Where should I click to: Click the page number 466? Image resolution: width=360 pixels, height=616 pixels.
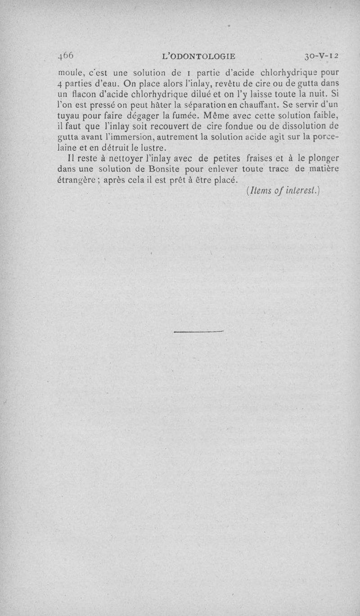(66, 56)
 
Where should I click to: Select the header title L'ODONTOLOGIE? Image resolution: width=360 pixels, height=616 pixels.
(198, 56)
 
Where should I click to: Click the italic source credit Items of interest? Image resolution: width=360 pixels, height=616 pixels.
(283, 190)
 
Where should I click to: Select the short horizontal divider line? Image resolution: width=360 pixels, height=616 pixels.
(198, 332)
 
